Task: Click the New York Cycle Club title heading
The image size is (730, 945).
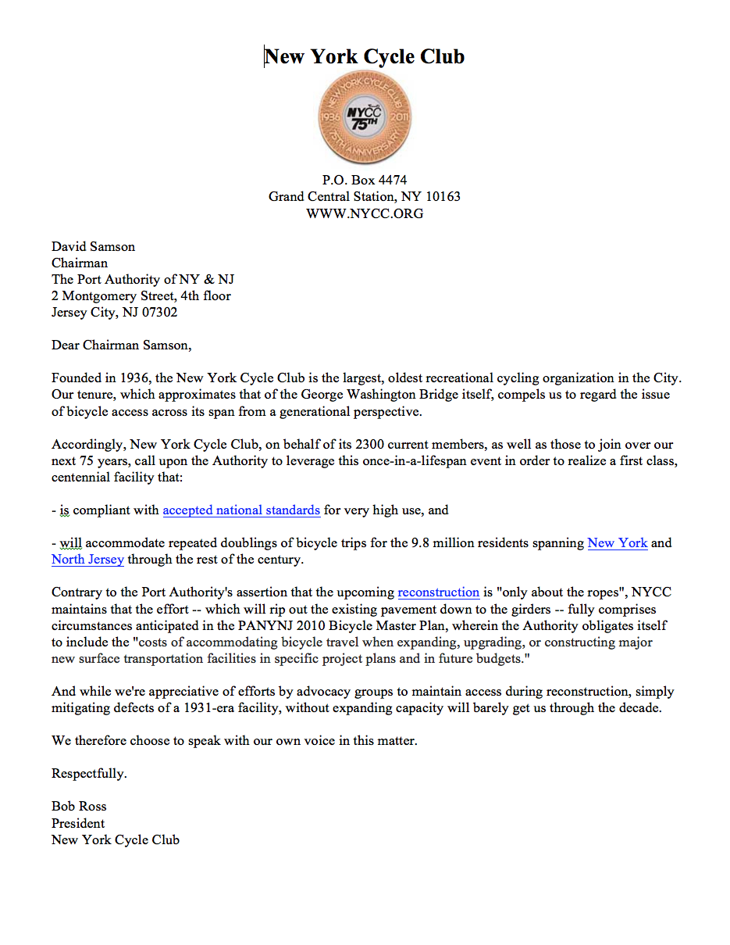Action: (x=364, y=56)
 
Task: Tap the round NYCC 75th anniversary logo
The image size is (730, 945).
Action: (x=365, y=117)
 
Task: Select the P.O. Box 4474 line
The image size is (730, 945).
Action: (x=365, y=180)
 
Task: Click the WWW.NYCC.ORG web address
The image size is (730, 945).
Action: (x=365, y=213)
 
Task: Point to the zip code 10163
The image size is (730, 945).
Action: (x=443, y=197)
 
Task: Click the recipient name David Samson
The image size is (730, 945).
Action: (x=93, y=246)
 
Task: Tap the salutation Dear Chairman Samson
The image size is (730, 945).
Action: (x=121, y=345)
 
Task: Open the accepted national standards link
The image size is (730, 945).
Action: (x=241, y=510)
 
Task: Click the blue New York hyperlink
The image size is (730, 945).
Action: (x=617, y=543)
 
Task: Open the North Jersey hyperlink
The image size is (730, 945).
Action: (x=87, y=560)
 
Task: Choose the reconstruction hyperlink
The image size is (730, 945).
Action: (x=438, y=592)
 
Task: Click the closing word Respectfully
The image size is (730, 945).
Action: (x=89, y=774)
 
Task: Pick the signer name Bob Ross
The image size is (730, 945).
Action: (x=79, y=807)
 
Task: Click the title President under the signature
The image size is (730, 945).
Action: (x=78, y=823)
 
